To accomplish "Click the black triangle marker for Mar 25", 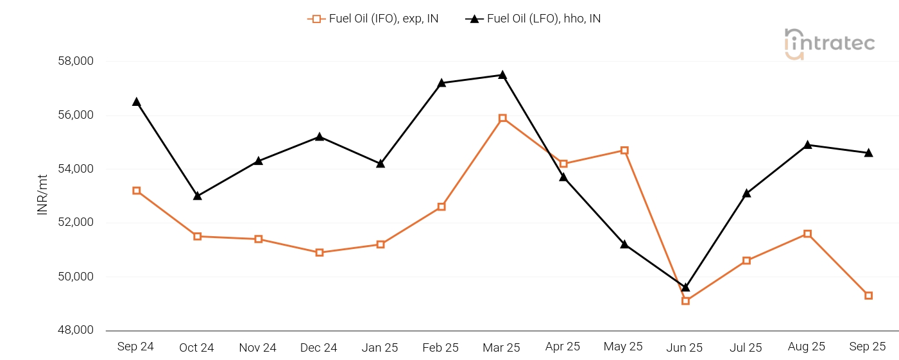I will [502, 75].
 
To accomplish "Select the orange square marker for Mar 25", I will [502, 118].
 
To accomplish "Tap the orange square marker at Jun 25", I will [685, 300].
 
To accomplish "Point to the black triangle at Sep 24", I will [136, 102].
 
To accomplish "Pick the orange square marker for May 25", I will [624, 150].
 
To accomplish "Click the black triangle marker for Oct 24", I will [197, 196].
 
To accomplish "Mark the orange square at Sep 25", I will [868, 295].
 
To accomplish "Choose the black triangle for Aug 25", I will [807, 145].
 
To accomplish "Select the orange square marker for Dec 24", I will [320, 252].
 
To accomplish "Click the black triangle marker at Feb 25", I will [441, 83].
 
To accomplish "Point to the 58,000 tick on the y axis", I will [75, 62].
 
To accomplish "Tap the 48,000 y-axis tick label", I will [75, 330].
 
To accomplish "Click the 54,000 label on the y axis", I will [75, 169].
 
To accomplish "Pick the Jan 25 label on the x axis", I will [380, 348].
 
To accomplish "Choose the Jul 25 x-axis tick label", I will [746, 348].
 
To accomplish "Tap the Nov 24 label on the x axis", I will [257, 348].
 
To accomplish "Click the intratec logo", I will [830, 44].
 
